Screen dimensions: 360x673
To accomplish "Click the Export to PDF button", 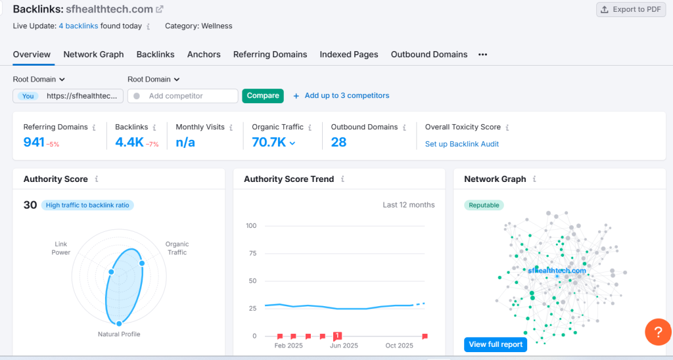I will pyautogui.click(x=630, y=10).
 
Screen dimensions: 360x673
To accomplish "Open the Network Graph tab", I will pyautogui.click(x=93, y=55).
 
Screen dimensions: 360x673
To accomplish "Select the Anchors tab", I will pyautogui.click(x=204, y=55).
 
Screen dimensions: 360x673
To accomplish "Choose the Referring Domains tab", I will pyautogui.click(x=270, y=55).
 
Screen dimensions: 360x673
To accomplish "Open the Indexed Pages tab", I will pyautogui.click(x=349, y=55).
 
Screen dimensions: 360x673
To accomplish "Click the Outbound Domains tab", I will pyautogui.click(x=429, y=55).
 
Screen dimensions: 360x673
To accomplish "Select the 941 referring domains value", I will pyautogui.click(x=34, y=142).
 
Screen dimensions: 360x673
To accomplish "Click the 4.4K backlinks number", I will pyautogui.click(x=129, y=142).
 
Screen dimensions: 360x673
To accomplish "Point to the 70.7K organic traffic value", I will pyautogui.click(x=269, y=142).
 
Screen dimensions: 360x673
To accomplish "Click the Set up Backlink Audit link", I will pyautogui.click(x=462, y=144).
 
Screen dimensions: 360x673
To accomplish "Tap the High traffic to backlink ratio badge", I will pyautogui.click(x=87, y=205).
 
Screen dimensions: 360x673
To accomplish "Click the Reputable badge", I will pyautogui.click(x=484, y=205).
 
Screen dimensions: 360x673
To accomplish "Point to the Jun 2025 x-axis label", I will pyautogui.click(x=344, y=346).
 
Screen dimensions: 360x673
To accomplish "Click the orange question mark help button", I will pyautogui.click(x=657, y=331).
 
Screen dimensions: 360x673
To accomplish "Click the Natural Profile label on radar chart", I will pyautogui.click(x=119, y=334).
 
